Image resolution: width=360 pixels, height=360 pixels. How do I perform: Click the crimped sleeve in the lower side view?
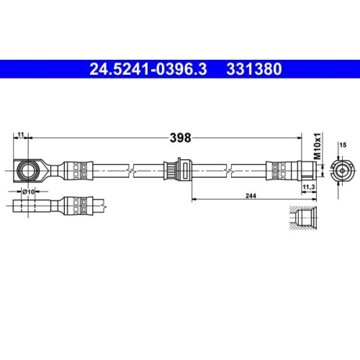(78, 204)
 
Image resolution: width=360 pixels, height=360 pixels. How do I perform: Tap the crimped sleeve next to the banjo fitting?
(78, 171)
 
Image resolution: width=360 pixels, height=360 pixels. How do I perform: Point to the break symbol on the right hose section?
(232, 171)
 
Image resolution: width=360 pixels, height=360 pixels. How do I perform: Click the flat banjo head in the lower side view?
(32, 204)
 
